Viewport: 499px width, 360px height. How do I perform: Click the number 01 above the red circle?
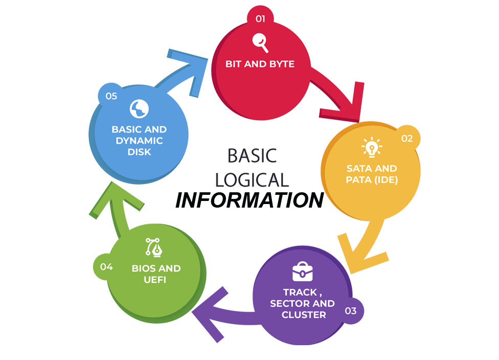pyautogui.click(x=260, y=19)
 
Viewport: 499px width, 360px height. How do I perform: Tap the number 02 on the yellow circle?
pyautogui.click(x=407, y=139)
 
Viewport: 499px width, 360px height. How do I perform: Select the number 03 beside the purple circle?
pyautogui.click(x=350, y=310)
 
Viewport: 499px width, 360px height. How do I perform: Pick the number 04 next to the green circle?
pyautogui.click(x=106, y=266)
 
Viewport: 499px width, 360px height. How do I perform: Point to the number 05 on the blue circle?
pyautogui.click(x=111, y=96)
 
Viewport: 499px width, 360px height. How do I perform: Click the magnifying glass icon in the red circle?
pyautogui.click(x=260, y=42)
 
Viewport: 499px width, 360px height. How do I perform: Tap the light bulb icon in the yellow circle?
pyautogui.click(x=372, y=147)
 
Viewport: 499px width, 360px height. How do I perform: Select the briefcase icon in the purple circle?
pyautogui.click(x=303, y=272)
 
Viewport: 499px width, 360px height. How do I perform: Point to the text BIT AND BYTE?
pyautogui.click(x=260, y=64)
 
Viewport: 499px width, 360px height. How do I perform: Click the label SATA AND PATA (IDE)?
pyautogui.click(x=372, y=174)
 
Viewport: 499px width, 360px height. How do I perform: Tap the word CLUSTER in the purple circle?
pyautogui.click(x=303, y=315)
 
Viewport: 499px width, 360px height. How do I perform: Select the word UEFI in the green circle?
pyautogui.click(x=155, y=280)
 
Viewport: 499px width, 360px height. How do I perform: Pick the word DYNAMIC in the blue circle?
pyautogui.click(x=139, y=141)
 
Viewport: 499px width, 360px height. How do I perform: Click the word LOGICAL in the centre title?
pyautogui.click(x=252, y=179)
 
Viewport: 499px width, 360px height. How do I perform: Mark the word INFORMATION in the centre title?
pyautogui.click(x=249, y=199)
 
